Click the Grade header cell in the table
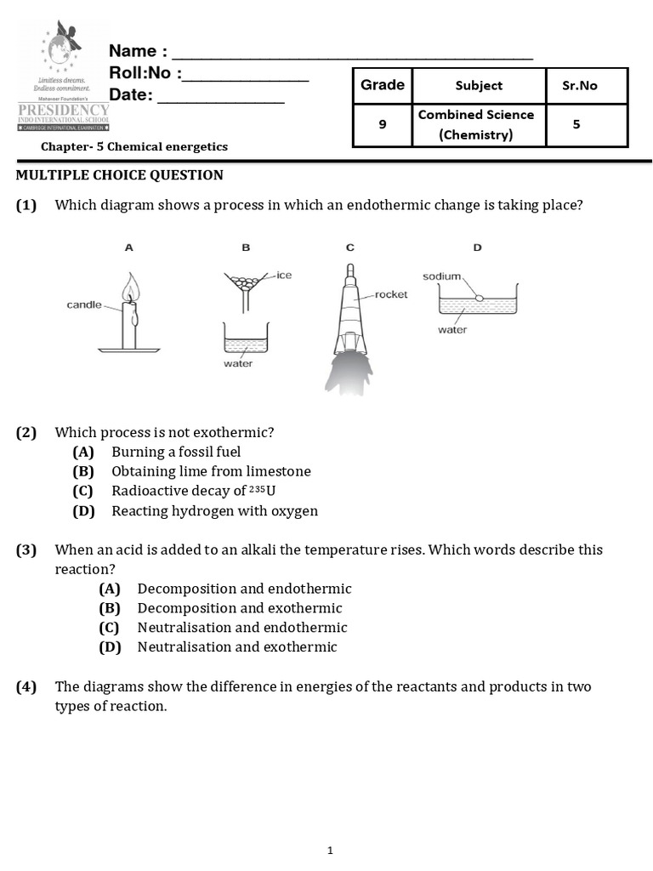coord(382,85)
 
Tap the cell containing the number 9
coord(382,124)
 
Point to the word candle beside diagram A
coord(84,305)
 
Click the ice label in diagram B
coord(284,276)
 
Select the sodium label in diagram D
coord(441,276)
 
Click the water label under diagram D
coord(452,330)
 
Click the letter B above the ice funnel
coord(246,248)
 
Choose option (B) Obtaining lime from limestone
coord(211,471)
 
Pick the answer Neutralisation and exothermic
coord(237,647)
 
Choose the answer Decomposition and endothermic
coord(244,589)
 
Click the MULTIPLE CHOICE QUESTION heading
coord(120,175)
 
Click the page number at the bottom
coord(330,851)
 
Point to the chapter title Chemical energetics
coord(135,146)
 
